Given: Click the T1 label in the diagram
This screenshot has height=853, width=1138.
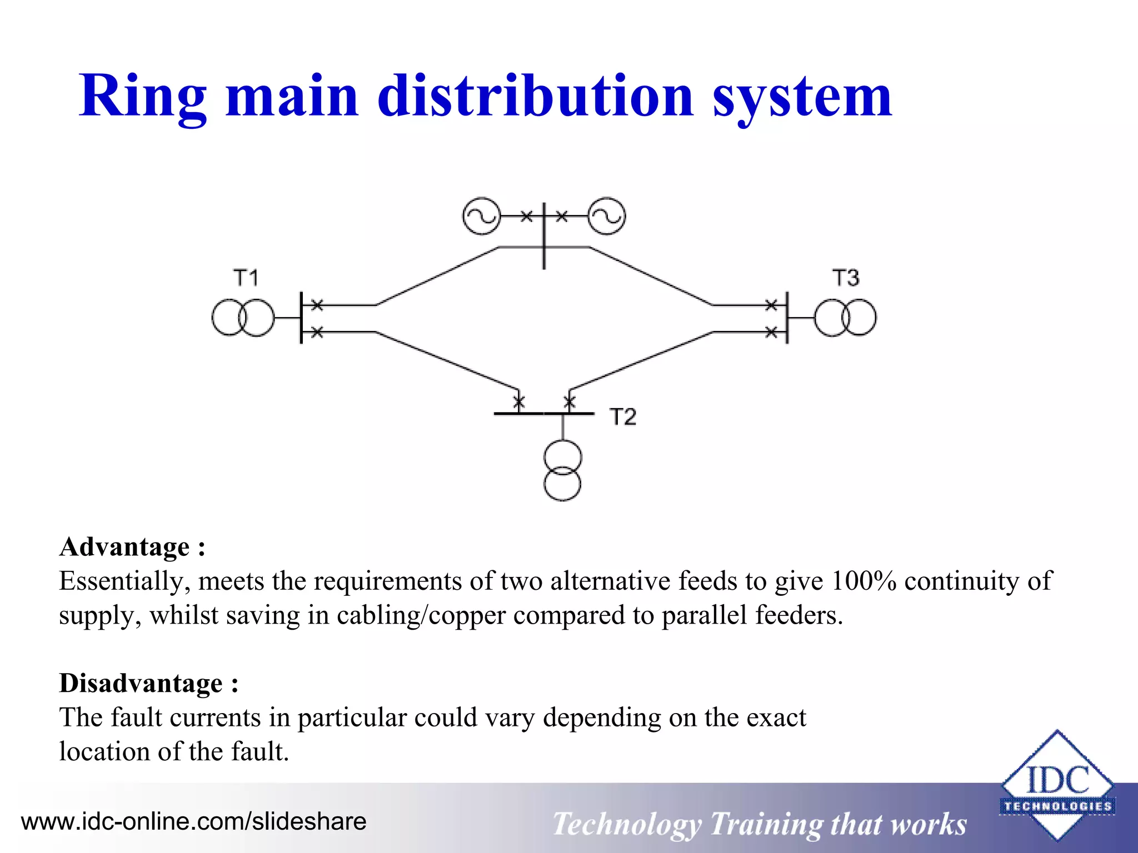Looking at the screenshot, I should (x=246, y=278).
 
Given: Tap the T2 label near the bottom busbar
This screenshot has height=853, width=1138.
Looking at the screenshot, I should (x=622, y=417).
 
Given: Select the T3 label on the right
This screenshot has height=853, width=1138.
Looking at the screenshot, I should (x=845, y=278).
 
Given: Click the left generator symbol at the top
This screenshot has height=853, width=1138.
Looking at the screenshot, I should (x=481, y=216).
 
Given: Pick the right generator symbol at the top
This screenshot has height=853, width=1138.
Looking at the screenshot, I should (x=606, y=216).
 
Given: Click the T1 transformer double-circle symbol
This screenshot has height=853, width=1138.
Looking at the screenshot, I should (x=243, y=318).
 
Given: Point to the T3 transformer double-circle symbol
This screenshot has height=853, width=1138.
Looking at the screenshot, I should (x=845, y=318).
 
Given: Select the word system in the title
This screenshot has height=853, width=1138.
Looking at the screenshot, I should (x=802, y=97).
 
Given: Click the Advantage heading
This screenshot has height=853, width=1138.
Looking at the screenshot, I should (x=132, y=547).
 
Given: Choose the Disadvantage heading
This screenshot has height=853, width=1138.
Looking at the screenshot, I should (x=149, y=683).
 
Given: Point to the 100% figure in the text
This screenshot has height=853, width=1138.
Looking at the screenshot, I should (x=864, y=581).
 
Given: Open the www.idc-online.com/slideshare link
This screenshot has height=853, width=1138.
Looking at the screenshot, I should (x=193, y=821).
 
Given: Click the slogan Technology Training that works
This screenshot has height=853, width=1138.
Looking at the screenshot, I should (x=759, y=824).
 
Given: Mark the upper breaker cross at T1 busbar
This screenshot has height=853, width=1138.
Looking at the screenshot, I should (x=317, y=305).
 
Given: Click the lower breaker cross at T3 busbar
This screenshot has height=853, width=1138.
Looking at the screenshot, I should (x=771, y=332).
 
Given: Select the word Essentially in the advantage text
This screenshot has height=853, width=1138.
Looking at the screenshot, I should (x=125, y=581).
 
